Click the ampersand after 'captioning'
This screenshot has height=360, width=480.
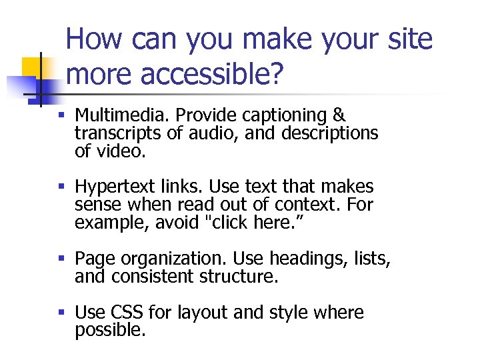(x=338, y=116)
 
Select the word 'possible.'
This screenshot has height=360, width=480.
(x=110, y=329)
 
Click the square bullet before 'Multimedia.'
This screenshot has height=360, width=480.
(x=61, y=117)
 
